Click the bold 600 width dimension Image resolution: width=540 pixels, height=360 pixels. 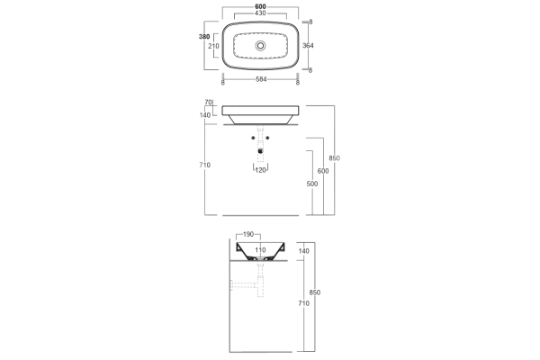261,6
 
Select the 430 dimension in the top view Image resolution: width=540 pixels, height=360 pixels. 261,15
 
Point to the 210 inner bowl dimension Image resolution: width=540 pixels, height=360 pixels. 214,46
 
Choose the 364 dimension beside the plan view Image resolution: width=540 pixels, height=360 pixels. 308,45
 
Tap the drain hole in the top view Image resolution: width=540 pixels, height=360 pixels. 261,45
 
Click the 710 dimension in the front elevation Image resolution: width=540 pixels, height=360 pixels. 205,166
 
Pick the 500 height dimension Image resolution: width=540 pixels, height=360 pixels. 311,184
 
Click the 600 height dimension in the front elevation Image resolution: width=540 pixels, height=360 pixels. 322,171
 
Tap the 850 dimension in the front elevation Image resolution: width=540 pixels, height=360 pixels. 334,158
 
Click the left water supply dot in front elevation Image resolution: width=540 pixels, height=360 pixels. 253,137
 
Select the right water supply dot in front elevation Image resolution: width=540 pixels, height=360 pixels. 268,137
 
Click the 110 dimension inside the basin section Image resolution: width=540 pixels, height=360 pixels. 261,249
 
